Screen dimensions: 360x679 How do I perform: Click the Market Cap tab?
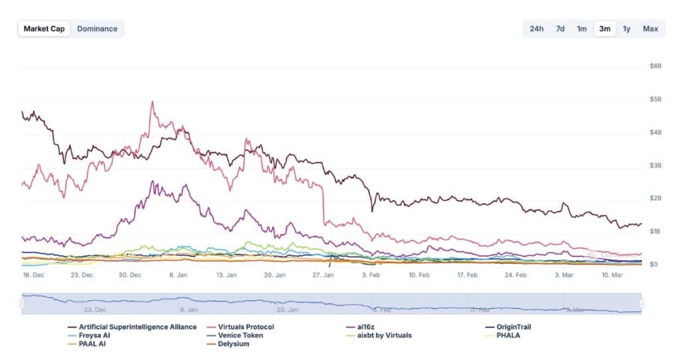coord(44,29)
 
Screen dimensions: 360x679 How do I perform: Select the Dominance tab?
coord(97,29)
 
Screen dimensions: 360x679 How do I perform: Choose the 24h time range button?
coord(536,29)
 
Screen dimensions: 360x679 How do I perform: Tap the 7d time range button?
coord(560,29)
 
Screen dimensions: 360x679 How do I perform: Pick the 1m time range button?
coord(582,29)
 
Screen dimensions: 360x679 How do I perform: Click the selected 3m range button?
coord(605,29)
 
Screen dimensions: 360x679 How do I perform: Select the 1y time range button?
coord(627,29)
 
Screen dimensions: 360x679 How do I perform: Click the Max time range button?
coord(650,29)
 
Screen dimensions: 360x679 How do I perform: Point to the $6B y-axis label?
coord(655,66)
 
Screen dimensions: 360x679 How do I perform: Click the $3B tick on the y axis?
coord(655,165)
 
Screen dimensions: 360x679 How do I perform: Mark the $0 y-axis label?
coord(654,265)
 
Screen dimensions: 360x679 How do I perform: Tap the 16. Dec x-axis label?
coord(32,274)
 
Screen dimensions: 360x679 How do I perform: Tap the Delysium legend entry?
coord(233,344)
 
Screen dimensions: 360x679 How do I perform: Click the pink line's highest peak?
coord(153,101)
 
